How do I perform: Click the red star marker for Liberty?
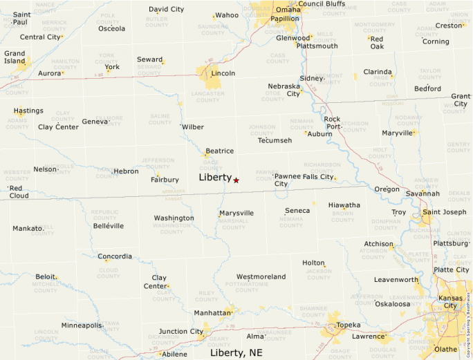pos(236,180)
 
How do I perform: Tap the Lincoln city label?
pos(223,73)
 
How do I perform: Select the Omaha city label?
pos(288,10)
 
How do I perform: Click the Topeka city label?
pos(348,325)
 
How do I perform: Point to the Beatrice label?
pos(219,151)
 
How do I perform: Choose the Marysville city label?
pos(236,213)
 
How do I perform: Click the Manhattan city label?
pos(212,313)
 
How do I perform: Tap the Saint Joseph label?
pos(445,211)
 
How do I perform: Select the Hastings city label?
pos(28,111)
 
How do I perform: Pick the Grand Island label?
pos(15,57)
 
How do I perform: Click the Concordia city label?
pos(114,257)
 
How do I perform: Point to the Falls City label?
pos(318,177)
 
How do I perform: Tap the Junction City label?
pos(181,332)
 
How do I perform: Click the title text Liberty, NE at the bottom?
pos(236,353)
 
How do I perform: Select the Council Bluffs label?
pos(322,3)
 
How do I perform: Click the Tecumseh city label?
pos(275,140)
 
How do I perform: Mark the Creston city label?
pos(447,26)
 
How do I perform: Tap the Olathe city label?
pos(445,349)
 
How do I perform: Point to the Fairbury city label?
pos(165,180)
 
